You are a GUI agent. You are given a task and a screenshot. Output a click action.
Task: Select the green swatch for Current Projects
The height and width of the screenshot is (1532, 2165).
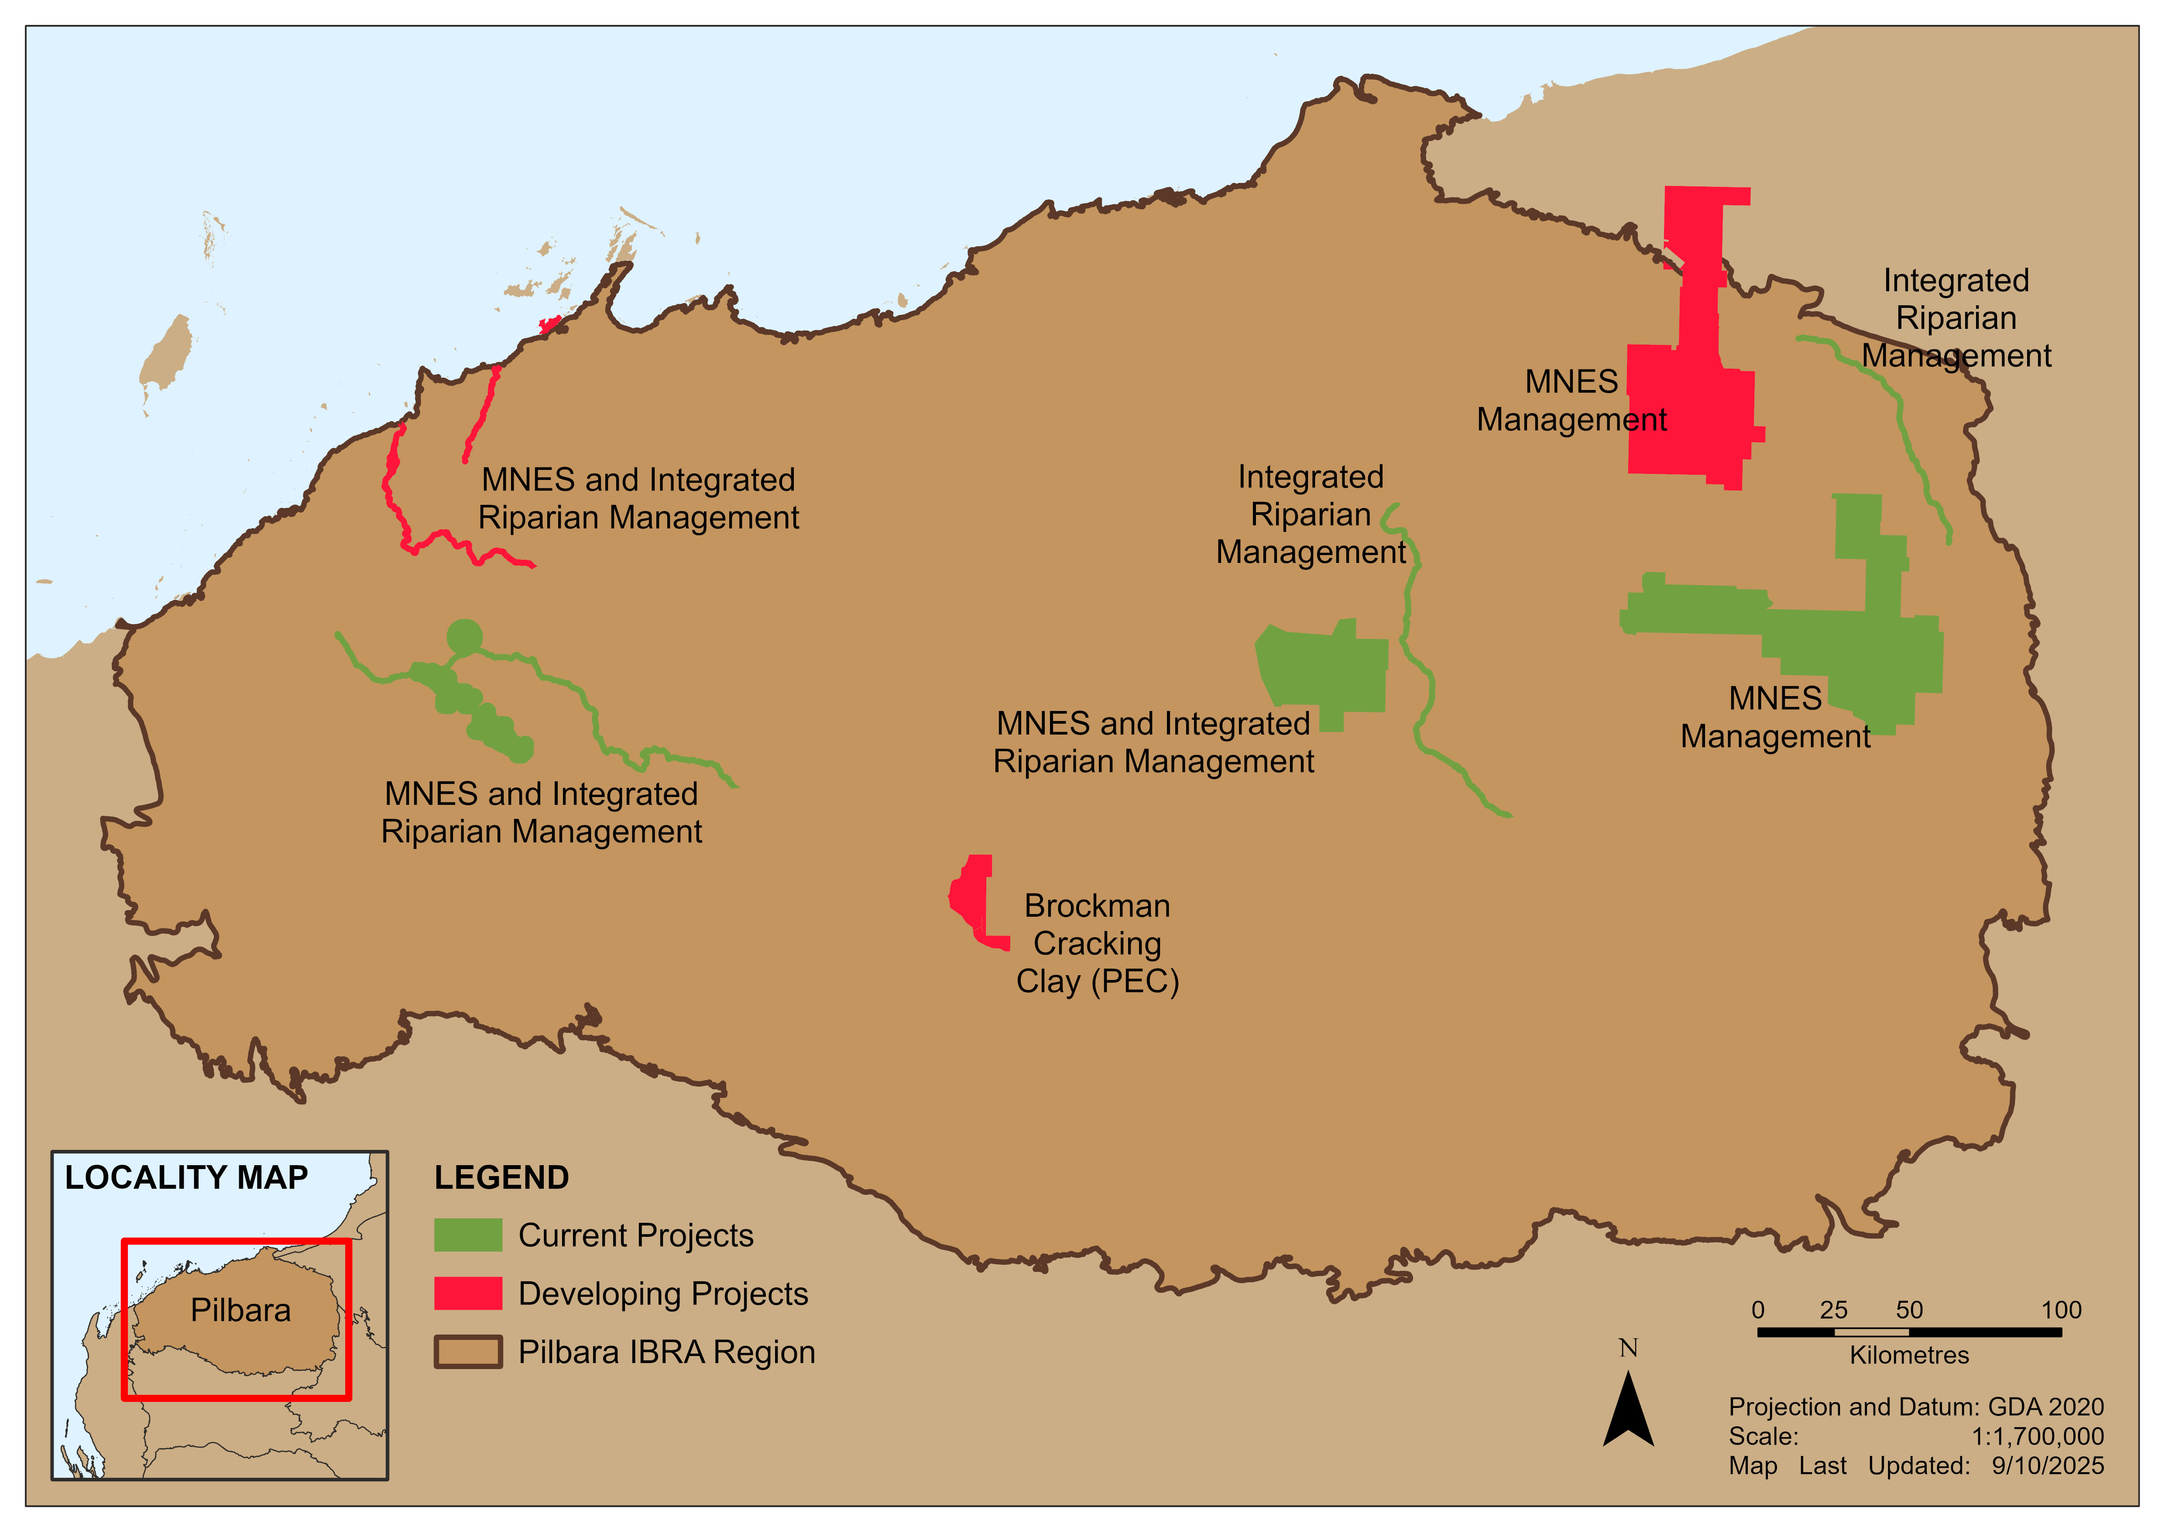click(468, 1235)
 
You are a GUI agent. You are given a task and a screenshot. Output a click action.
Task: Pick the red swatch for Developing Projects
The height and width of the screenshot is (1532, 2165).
click(468, 1293)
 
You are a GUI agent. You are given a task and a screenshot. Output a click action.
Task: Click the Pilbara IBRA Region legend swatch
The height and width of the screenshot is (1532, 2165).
click(468, 1352)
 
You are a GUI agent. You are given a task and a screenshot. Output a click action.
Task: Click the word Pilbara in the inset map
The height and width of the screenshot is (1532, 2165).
click(240, 1310)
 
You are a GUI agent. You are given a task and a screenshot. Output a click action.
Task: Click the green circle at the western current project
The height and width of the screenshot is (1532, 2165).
click(464, 637)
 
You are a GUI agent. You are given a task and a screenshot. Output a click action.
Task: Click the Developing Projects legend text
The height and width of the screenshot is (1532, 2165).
click(663, 1293)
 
